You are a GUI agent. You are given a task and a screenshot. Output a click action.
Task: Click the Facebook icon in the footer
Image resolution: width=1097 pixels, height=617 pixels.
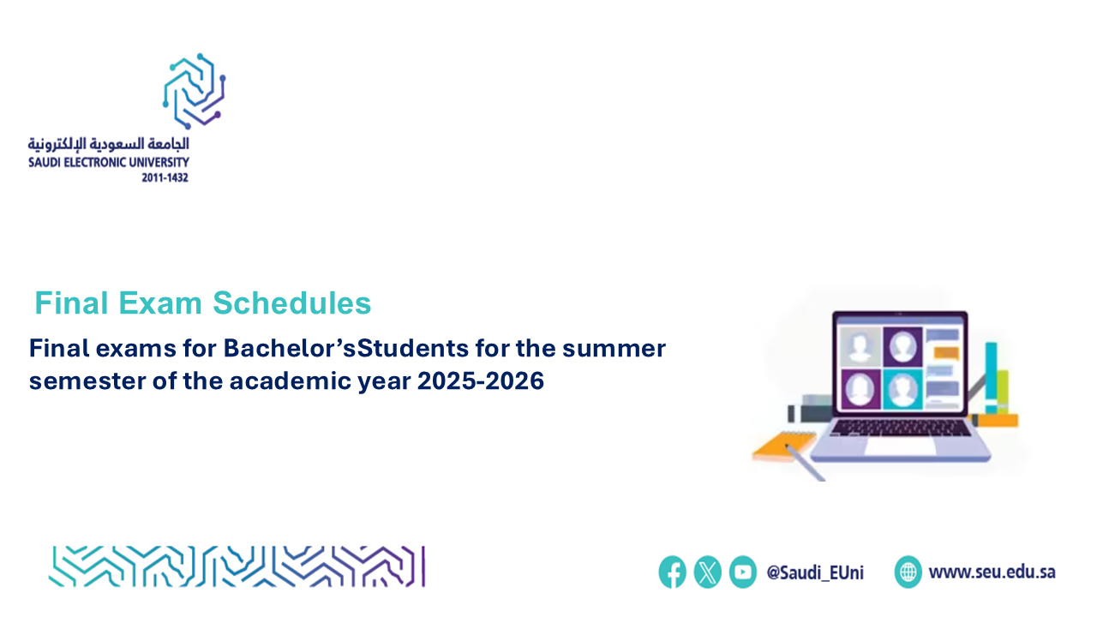click(x=672, y=572)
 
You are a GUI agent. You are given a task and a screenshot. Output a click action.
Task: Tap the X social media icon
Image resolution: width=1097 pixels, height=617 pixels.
click(x=707, y=572)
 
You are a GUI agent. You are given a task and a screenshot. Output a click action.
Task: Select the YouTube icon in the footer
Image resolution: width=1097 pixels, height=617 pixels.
click(x=742, y=572)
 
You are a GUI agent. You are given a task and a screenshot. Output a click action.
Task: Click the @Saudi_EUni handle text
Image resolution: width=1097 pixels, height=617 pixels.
click(x=815, y=572)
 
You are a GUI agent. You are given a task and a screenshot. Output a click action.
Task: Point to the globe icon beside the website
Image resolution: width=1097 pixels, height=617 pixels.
click(x=908, y=572)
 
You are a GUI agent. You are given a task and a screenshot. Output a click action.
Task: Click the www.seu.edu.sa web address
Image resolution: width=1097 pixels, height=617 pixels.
click(x=992, y=572)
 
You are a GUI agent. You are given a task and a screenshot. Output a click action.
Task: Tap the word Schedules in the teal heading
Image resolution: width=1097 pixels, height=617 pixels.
click(x=292, y=303)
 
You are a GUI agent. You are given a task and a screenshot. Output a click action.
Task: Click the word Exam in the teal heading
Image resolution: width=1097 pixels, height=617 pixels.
click(x=160, y=303)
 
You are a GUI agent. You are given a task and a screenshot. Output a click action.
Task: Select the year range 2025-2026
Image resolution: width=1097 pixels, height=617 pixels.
click(x=481, y=381)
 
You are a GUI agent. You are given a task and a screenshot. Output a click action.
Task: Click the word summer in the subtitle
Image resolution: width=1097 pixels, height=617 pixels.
click(x=614, y=349)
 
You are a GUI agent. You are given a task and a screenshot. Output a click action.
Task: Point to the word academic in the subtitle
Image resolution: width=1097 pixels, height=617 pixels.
click(x=291, y=381)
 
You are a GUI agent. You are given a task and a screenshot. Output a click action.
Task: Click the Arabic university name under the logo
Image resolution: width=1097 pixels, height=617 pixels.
click(x=108, y=144)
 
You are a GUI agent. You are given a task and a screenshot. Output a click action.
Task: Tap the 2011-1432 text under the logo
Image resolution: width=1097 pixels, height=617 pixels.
click(x=165, y=177)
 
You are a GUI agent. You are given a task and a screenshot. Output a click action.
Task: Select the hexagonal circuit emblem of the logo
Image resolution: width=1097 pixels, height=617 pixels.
click(x=194, y=91)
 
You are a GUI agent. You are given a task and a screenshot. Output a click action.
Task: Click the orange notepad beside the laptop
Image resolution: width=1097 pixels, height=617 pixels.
click(x=783, y=446)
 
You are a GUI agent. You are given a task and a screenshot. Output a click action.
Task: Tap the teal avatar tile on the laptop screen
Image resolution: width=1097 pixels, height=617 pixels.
click(x=902, y=389)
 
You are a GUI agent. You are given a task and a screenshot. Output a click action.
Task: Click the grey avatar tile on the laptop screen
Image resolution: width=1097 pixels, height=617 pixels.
click(x=860, y=347)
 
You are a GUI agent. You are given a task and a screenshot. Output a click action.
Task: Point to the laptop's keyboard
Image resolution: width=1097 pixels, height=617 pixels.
click(x=901, y=428)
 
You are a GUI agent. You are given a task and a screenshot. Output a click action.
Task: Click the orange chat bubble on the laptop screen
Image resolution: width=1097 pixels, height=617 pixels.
click(x=946, y=352)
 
